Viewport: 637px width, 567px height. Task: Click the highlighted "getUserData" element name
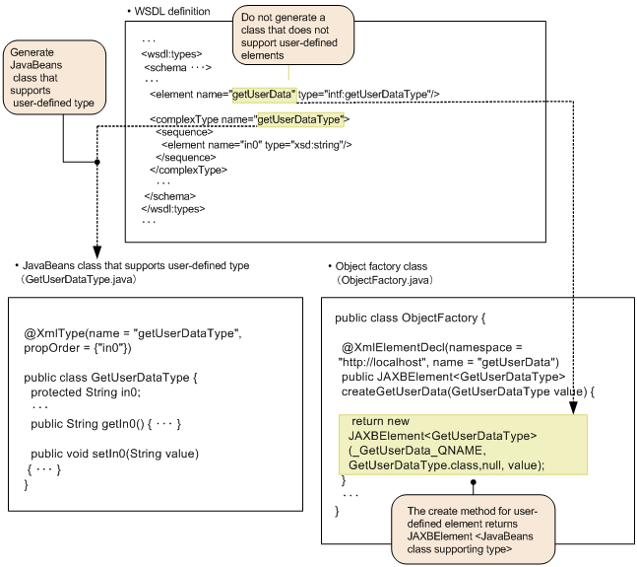click(x=264, y=95)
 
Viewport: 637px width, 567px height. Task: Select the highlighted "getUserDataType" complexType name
click(x=299, y=119)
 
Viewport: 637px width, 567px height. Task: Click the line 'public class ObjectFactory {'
click(x=411, y=319)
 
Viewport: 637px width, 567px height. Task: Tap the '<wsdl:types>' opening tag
click(x=173, y=55)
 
